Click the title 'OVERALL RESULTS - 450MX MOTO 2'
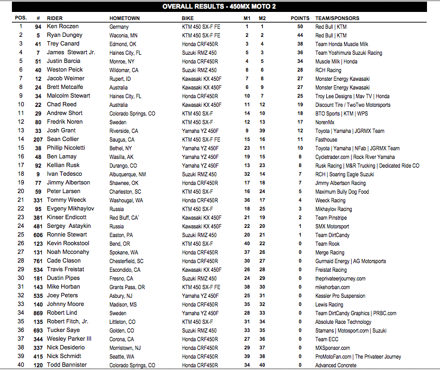tap(220, 7)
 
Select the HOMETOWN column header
tap(125, 18)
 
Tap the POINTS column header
tap(300, 18)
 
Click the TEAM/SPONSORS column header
tap(337, 18)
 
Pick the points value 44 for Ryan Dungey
tap(300, 35)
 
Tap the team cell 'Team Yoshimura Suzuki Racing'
tap(348, 53)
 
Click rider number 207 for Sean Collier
tap(38, 139)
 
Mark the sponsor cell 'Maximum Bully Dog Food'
tap(342, 192)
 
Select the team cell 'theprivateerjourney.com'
tap(340, 278)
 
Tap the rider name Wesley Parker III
tap(69, 339)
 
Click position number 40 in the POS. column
tap(21, 365)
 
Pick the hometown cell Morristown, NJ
tap(125, 348)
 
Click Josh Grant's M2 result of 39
tap(262, 131)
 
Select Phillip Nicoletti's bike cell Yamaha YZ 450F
tap(200, 148)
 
